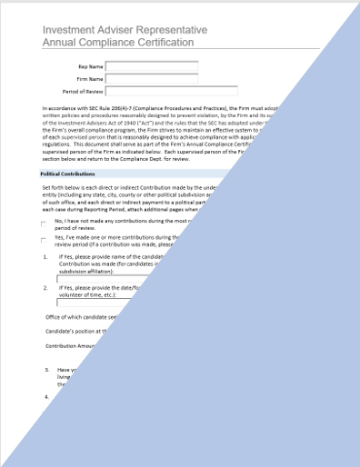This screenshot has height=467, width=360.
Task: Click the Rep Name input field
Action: (151, 65)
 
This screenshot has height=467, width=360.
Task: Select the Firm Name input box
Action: (151, 78)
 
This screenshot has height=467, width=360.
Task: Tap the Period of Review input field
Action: (151, 91)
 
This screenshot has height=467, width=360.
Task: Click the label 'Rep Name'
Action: (89, 65)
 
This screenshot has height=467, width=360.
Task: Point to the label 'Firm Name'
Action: (88, 78)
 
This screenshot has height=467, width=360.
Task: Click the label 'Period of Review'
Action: (81, 91)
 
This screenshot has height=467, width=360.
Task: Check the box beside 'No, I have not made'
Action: (44, 249)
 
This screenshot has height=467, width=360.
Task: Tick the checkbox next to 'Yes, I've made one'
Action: (44, 265)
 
